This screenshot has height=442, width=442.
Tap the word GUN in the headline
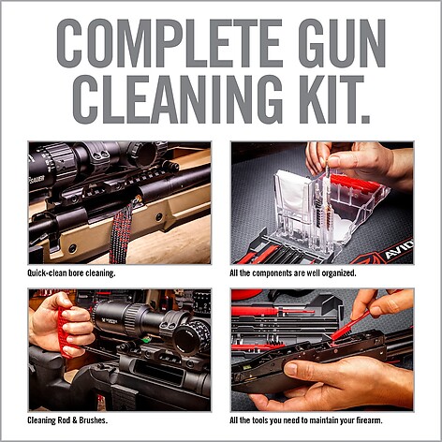click(x=342, y=43)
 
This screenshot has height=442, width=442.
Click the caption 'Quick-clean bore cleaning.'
click(x=71, y=273)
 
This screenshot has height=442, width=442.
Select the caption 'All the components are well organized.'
click(x=293, y=273)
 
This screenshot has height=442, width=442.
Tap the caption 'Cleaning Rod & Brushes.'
click(x=67, y=420)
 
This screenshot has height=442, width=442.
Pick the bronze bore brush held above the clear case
click(x=328, y=207)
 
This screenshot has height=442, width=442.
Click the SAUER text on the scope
click(x=37, y=180)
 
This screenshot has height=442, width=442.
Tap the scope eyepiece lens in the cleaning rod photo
click(x=186, y=338)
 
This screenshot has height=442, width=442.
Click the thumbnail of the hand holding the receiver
click(x=322, y=350)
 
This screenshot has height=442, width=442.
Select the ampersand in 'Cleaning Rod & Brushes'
click(x=74, y=420)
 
